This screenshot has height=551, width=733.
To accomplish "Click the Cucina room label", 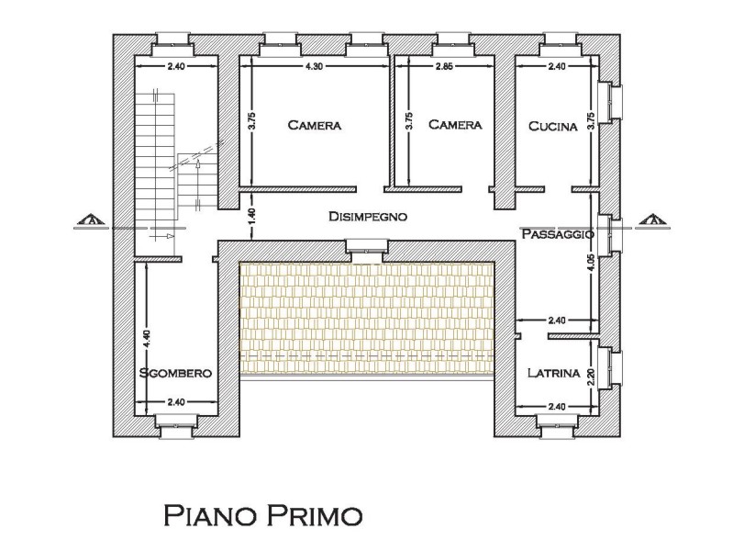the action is [x=552, y=126].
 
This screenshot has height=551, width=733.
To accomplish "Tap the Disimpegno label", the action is [x=368, y=217].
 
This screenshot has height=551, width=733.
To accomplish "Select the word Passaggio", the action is [x=558, y=233].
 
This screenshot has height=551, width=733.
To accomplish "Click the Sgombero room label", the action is [x=176, y=373].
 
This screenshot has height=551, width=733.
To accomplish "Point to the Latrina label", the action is [x=553, y=373].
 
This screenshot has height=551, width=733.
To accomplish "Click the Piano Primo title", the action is [x=263, y=515].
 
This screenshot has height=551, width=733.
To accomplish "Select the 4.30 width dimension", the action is [x=314, y=66].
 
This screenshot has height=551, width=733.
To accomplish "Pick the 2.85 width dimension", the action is [x=444, y=66].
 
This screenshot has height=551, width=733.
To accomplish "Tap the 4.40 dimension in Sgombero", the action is [x=147, y=339].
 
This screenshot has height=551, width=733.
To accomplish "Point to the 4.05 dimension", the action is [x=592, y=263].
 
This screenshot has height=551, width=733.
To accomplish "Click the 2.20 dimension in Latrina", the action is [x=591, y=377].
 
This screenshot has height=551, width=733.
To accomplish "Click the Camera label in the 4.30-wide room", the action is [x=314, y=125].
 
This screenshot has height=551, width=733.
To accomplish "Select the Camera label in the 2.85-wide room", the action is [x=455, y=125].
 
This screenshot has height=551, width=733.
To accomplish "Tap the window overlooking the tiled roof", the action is [x=367, y=246].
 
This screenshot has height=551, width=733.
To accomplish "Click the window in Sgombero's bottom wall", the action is [x=175, y=425].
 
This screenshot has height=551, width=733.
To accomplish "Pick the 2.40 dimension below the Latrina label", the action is [x=556, y=407].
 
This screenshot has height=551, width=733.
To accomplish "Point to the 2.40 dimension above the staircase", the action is [x=176, y=66].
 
